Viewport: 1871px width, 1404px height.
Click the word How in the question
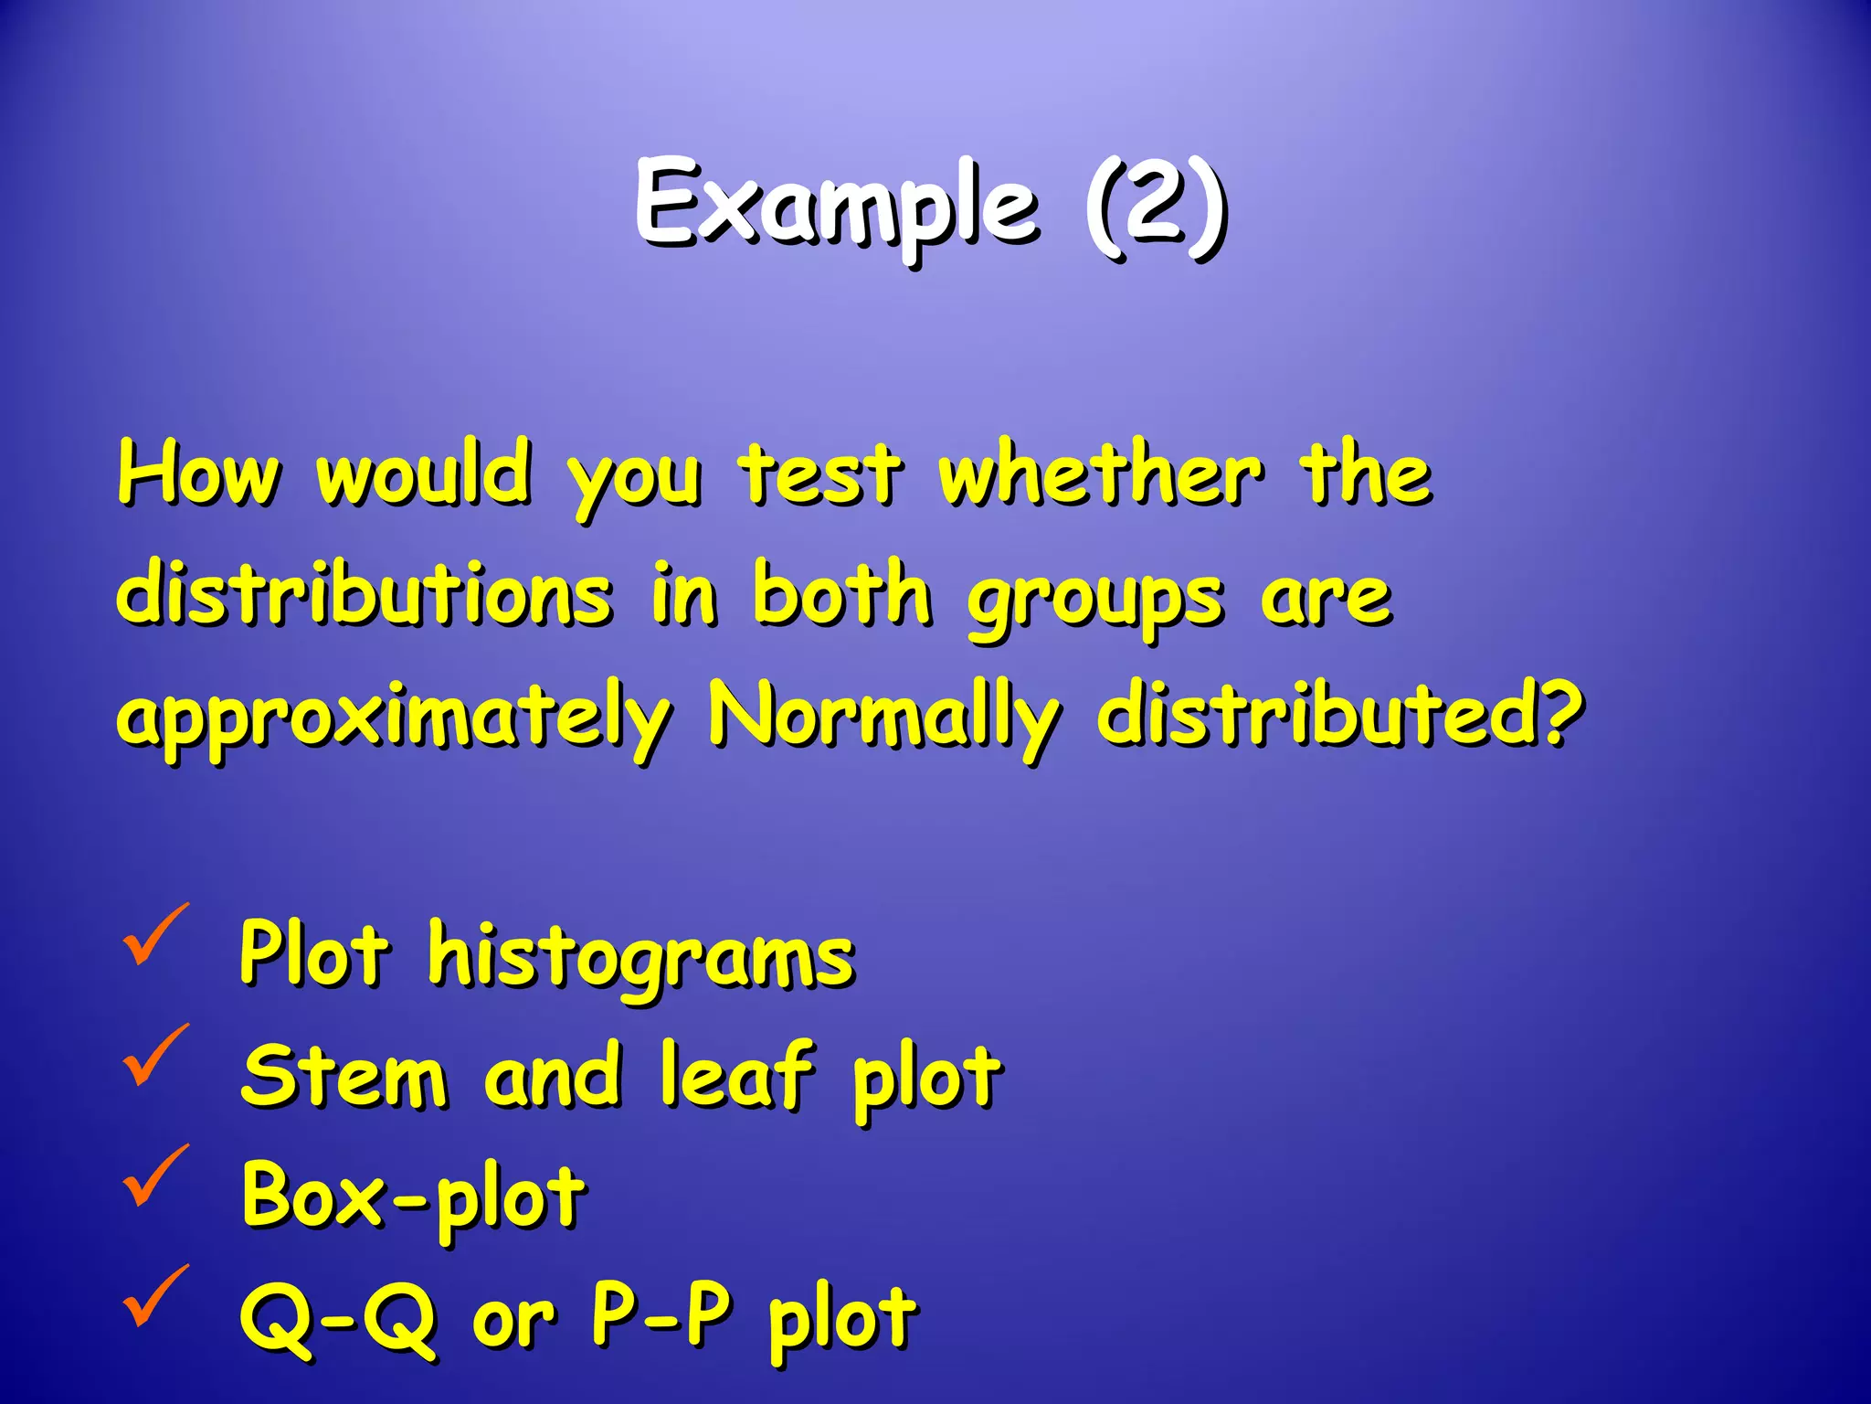pos(198,474)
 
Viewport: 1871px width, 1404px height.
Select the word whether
pos(1102,474)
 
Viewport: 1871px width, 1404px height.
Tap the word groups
pos(1095,599)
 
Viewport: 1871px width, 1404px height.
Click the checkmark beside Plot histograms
pos(155,934)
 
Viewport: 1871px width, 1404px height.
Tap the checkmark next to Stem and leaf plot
pos(155,1055)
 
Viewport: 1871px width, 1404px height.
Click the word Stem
pos(344,1077)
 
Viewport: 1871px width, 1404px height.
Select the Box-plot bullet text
pos(413,1197)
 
